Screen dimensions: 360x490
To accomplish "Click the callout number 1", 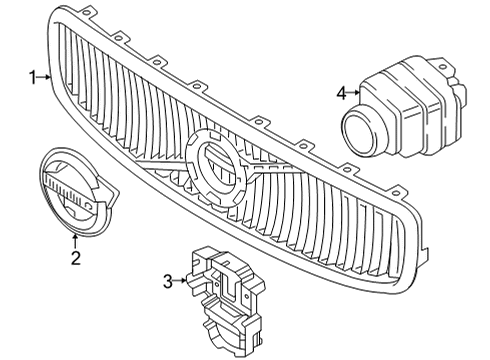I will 32,76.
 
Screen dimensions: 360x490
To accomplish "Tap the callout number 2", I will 74,259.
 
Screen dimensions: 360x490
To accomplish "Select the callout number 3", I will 169,281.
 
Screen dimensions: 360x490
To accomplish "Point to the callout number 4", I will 342,93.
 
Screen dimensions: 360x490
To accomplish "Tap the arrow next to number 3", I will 183,281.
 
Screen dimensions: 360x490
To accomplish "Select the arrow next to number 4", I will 355,93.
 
